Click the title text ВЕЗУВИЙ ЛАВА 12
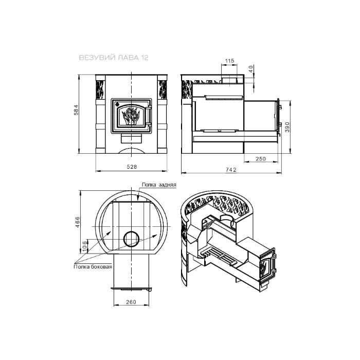point(114,58)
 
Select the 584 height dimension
point(76,110)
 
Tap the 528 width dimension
point(132,167)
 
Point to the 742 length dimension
point(231,170)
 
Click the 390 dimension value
point(287,127)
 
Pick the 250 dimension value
point(261,158)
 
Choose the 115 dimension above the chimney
point(229,61)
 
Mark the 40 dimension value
point(251,69)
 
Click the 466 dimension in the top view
point(77,222)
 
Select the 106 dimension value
point(84,246)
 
